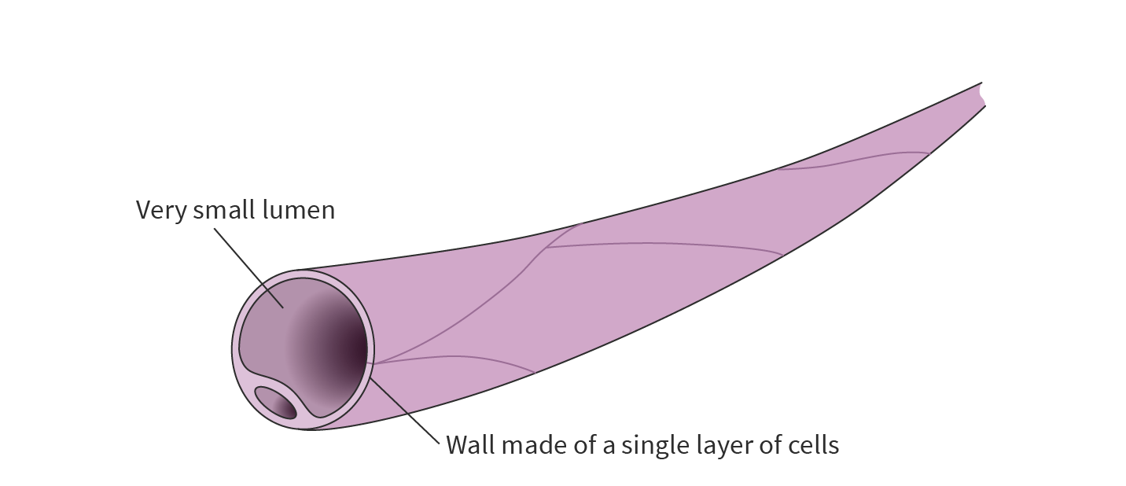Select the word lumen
[x=302, y=211]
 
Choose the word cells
[x=813, y=445]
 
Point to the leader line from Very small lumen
[x=248, y=266]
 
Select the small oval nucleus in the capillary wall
[x=276, y=403]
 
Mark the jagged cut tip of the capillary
[x=982, y=94]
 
